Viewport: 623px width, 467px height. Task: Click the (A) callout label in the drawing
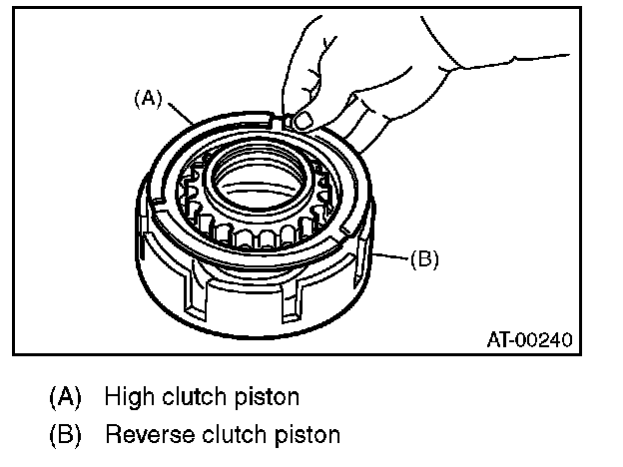[x=147, y=98]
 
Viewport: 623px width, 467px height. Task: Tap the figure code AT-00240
[x=529, y=339]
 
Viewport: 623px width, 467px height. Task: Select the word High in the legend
[x=126, y=397]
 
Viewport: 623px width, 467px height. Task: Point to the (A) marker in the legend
[x=66, y=397]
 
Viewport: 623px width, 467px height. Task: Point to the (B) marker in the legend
[x=66, y=435]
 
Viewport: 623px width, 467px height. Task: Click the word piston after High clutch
[x=267, y=397]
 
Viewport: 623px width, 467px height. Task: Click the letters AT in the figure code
[x=497, y=339]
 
